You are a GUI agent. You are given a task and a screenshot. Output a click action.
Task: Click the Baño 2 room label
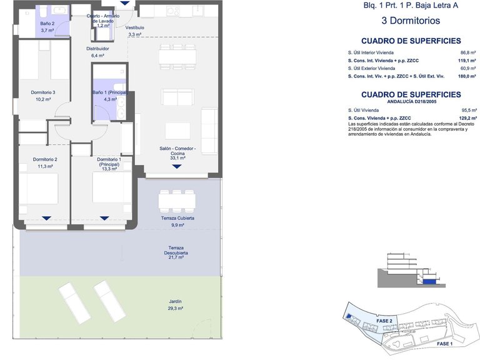pos(47,24)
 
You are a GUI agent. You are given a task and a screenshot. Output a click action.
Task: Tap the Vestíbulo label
pos(135,27)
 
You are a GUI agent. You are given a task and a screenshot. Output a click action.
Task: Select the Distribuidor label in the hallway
pos(97,49)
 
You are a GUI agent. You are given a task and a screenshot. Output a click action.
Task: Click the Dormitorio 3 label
pos(43,92)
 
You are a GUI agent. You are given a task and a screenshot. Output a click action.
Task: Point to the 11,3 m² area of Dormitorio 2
pos(45,166)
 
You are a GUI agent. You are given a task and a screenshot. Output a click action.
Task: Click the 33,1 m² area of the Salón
pos(178,158)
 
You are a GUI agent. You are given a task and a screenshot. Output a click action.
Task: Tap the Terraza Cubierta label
pos(177,218)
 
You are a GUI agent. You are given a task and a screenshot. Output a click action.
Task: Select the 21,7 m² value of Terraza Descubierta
pos(176,257)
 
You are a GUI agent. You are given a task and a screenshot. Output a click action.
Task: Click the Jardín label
pos(176,301)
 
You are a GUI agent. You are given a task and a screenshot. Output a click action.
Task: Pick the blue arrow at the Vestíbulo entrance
pos(124,3)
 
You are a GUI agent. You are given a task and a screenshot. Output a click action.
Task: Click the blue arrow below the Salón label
pos(177,166)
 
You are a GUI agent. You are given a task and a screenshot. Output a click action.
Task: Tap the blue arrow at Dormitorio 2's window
pos(46,218)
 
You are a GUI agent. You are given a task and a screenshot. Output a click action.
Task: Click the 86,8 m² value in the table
pos(468,52)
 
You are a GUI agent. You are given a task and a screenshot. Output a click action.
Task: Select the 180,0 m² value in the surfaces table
pos(467,76)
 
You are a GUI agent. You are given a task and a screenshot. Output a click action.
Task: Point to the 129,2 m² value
pos(467,118)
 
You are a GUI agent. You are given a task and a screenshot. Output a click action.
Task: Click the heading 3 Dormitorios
pos(411,21)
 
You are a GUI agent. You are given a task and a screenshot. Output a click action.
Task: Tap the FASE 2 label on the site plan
pos(384,321)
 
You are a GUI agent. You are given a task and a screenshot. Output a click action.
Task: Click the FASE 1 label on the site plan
pos(444,344)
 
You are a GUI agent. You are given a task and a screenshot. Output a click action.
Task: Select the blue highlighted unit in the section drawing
pos(429,281)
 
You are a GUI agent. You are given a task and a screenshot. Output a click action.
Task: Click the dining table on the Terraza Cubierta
pos(177,201)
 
